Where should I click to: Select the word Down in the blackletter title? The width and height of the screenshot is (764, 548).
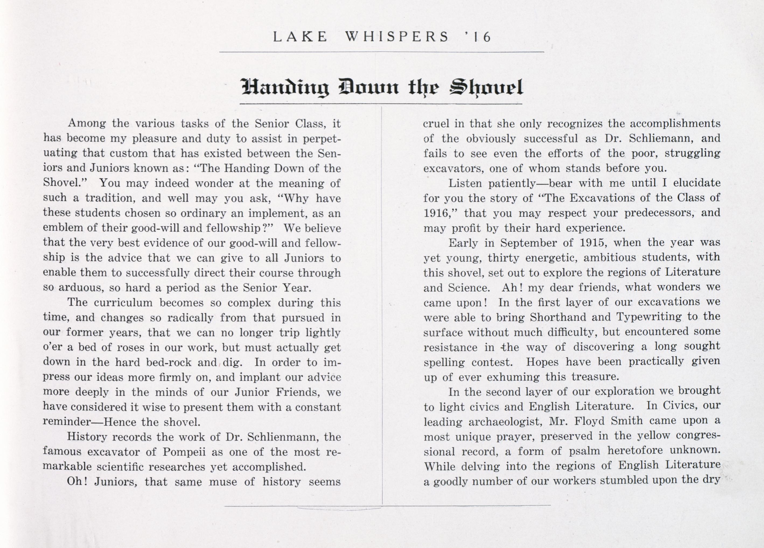(x=368, y=87)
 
